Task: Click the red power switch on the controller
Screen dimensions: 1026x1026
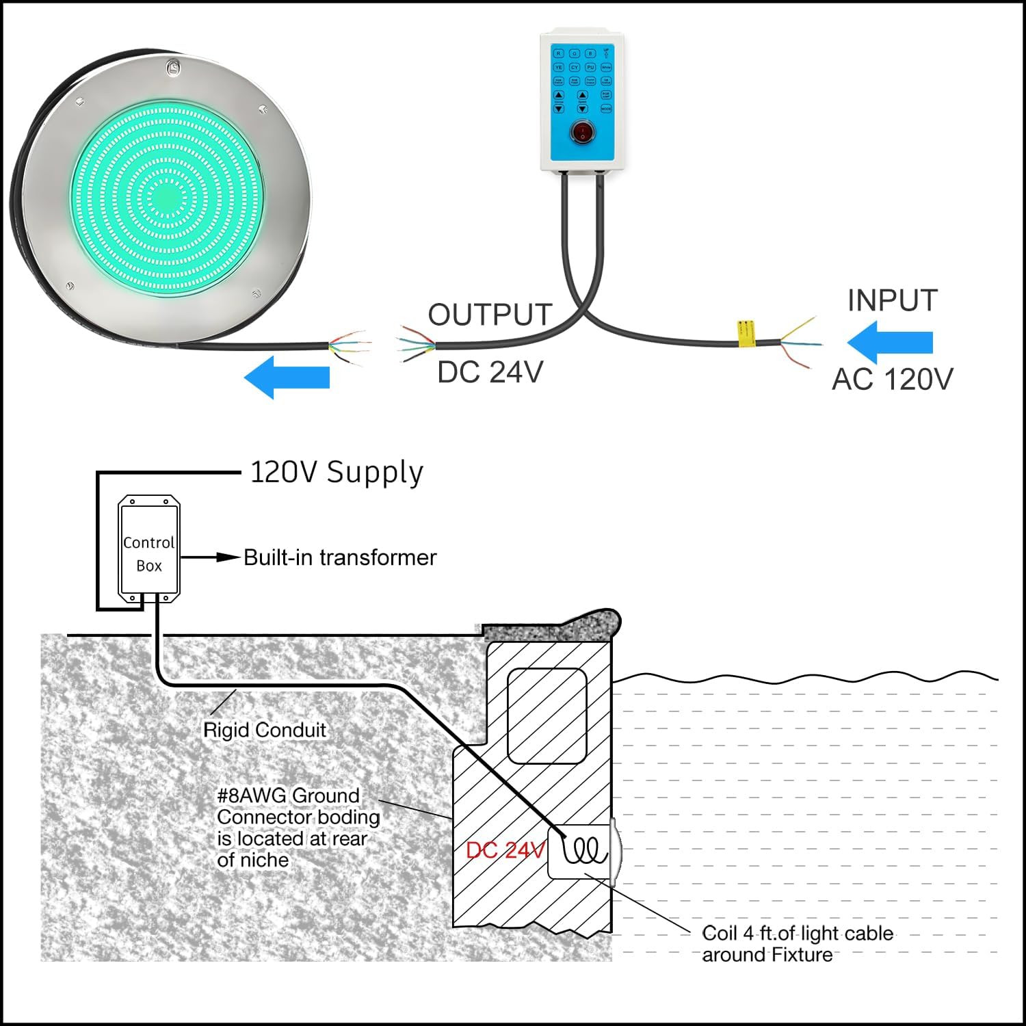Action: tap(582, 131)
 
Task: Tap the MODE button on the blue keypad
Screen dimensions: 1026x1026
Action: tap(606, 109)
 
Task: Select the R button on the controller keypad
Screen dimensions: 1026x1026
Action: tap(558, 53)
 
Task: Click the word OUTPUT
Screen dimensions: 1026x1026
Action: tap(490, 315)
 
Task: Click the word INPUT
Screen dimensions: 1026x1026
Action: tap(892, 300)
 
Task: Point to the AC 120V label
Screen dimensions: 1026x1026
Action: tap(892, 379)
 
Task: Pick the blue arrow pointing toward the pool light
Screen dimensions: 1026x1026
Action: tap(287, 377)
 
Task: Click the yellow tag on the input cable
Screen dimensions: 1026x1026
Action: tap(744, 333)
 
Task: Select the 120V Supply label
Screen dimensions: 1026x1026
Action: tap(337, 473)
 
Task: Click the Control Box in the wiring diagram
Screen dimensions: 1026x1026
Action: tap(149, 553)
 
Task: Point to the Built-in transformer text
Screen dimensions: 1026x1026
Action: tap(340, 557)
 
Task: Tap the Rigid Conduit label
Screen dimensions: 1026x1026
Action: tap(265, 730)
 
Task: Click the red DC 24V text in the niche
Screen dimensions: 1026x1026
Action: tap(505, 850)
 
